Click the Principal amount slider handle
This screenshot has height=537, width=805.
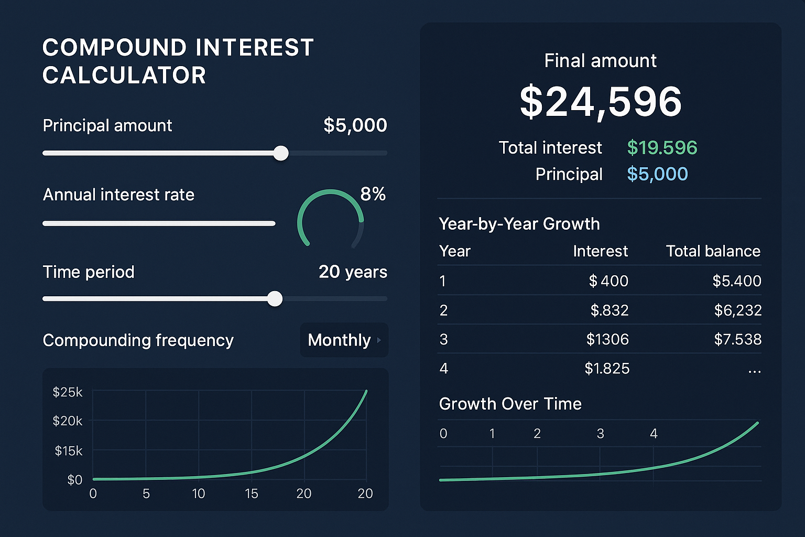281,153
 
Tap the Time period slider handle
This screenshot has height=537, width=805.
275,299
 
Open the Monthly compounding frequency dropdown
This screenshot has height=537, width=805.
344,340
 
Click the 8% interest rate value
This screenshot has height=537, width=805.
373,194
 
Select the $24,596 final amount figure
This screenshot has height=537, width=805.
601,102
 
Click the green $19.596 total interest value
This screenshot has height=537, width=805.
662,148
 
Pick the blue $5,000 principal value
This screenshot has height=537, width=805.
657,174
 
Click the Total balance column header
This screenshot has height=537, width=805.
713,251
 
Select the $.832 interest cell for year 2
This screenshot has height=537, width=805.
609,310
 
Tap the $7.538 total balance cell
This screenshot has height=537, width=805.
737,339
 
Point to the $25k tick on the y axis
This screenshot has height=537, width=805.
68,392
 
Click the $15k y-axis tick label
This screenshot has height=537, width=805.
69,451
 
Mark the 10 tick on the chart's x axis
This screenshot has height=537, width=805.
198,493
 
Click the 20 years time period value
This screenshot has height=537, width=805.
353,272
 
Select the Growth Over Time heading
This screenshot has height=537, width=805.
510,404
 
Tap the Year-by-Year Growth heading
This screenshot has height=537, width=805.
519,224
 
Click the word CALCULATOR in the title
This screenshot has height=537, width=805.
124,76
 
